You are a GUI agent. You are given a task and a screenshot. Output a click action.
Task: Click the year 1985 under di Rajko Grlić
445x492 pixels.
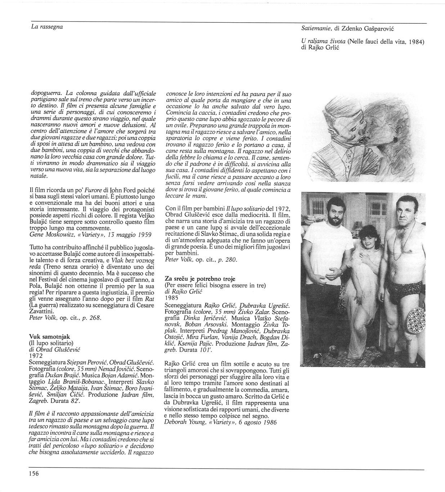coord(171,298)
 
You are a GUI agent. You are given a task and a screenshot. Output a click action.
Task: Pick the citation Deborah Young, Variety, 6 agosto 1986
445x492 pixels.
coord(221,423)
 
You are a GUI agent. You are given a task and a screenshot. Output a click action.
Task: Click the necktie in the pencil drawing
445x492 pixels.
coord(349,155)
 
